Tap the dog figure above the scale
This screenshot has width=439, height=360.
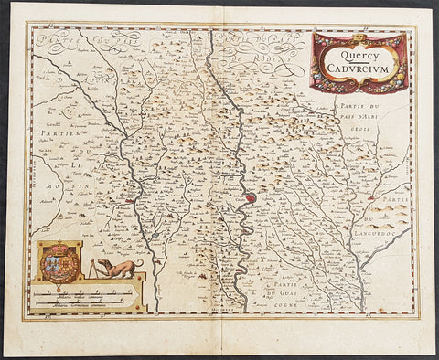(118, 269)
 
